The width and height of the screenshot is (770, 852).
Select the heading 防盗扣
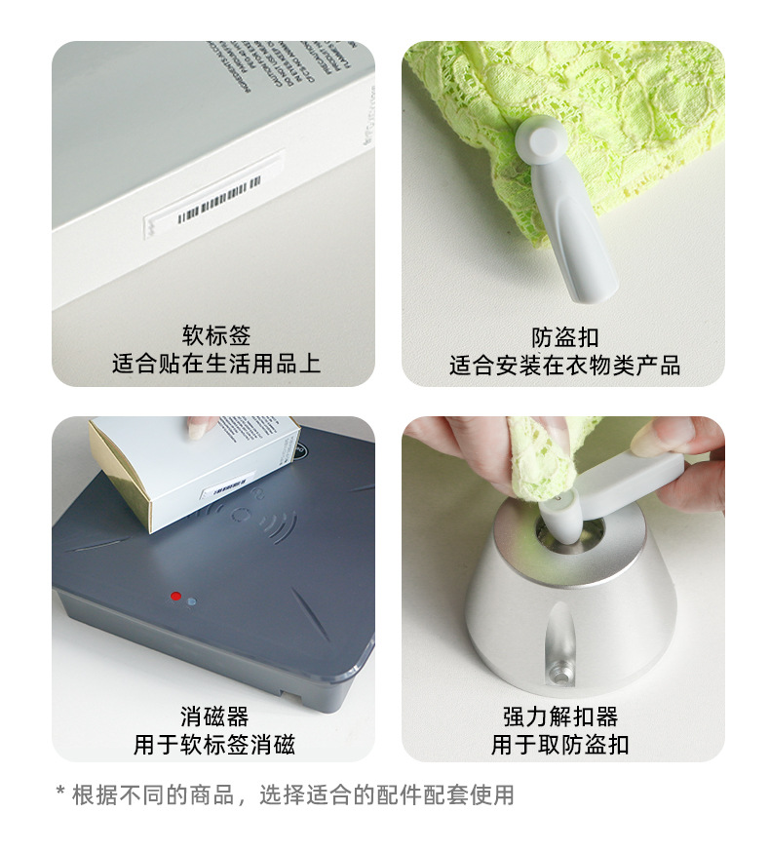click(564, 337)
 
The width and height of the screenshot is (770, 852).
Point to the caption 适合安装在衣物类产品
click(564, 366)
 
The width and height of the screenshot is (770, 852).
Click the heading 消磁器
click(214, 717)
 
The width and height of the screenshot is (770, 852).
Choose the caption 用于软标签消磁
click(214, 746)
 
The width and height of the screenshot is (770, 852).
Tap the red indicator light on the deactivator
click(175, 596)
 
